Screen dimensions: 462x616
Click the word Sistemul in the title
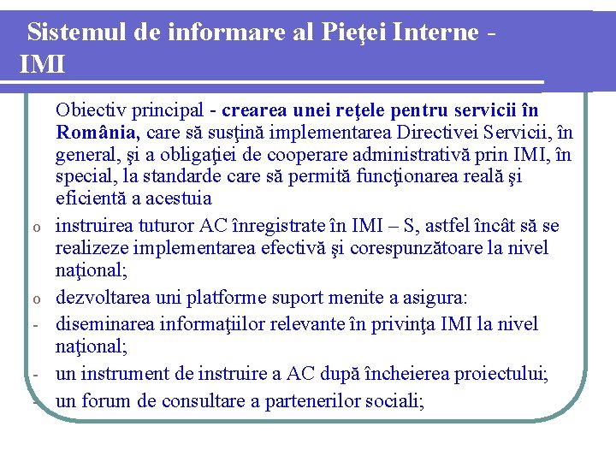(76, 33)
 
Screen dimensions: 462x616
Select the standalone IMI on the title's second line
(40, 63)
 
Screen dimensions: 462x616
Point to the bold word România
(98, 133)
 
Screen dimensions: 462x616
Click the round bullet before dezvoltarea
(37, 299)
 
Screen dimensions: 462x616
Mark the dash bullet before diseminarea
(37, 326)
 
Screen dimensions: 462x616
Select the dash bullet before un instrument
(37, 376)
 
